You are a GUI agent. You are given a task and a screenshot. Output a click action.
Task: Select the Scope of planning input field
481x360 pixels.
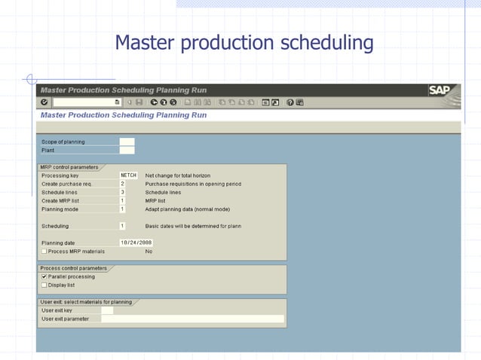point(127,142)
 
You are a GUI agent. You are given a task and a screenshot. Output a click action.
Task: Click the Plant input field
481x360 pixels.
point(127,150)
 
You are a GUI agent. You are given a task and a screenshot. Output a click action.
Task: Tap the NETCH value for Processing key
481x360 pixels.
point(128,175)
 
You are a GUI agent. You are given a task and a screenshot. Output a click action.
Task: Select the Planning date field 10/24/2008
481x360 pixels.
point(136,243)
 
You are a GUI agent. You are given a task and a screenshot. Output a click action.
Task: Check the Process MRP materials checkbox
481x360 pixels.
point(44,251)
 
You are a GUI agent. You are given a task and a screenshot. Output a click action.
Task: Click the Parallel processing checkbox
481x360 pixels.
point(44,276)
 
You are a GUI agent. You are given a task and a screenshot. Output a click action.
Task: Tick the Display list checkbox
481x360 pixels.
point(44,285)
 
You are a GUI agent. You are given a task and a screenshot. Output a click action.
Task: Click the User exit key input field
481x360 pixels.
point(107,310)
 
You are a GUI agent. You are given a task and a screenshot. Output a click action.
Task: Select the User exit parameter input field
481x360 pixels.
point(192,319)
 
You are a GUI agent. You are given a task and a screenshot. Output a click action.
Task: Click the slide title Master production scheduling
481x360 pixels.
point(244,43)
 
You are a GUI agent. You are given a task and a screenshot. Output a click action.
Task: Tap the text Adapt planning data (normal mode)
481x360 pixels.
point(187,209)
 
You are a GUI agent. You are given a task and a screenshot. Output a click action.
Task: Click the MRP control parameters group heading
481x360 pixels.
point(69,166)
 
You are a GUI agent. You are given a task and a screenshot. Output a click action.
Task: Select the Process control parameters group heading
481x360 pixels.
point(73,268)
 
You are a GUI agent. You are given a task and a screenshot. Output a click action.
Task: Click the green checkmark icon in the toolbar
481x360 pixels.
point(44,102)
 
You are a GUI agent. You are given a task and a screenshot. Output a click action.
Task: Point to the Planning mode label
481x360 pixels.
point(60,209)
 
